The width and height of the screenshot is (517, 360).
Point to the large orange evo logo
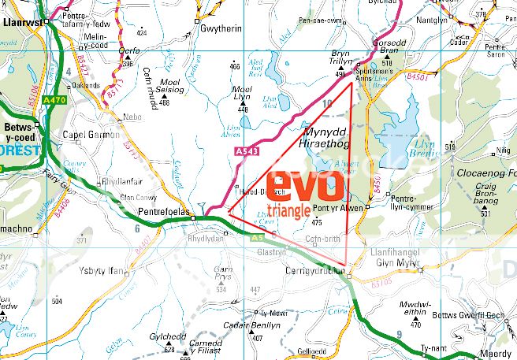point(304,187)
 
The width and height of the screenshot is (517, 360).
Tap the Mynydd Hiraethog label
point(329,139)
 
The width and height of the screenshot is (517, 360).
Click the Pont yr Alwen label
point(336,209)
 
